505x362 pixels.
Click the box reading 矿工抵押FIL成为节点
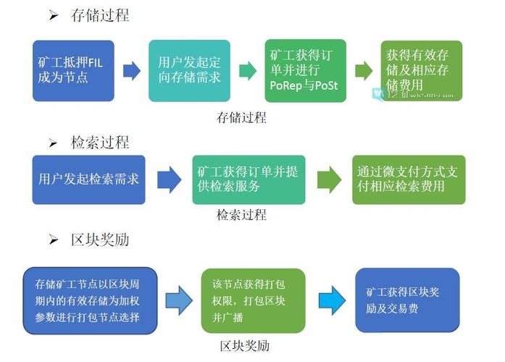pos(72,70)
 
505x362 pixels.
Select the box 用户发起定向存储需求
pos(189,70)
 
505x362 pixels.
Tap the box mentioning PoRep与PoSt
pos(304,70)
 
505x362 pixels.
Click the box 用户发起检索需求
pos(88,179)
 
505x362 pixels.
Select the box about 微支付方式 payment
pos(409,179)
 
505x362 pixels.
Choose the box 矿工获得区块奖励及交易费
pos(407,300)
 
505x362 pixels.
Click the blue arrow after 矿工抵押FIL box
pos(131,70)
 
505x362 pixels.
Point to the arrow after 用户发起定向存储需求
pos(248,70)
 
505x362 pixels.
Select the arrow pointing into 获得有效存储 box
pos(364,71)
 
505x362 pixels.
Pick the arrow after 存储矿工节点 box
pos(178,300)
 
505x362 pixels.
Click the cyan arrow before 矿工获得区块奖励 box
pos(333,300)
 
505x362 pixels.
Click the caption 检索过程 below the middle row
pos(241,215)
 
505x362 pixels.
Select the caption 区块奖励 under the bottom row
pos(245,345)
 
